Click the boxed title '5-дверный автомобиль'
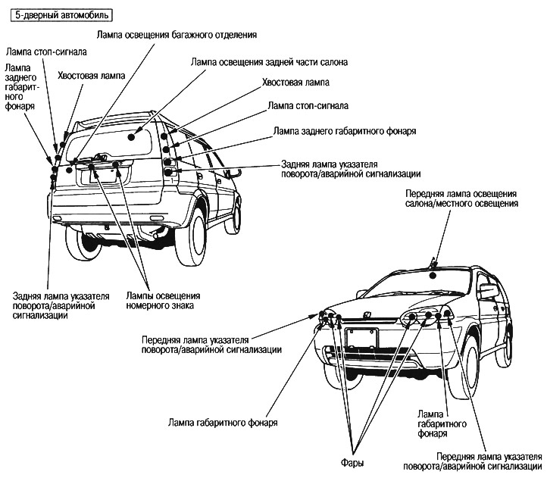click(x=58, y=15)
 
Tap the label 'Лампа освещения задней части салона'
click(x=269, y=62)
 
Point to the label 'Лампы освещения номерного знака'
click(x=162, y=300)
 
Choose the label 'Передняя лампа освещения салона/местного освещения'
click(x=461, y=198)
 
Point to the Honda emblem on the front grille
click(x=367, y=316)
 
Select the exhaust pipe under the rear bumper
click(x=156, y=241)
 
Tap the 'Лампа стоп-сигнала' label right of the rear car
click(x=308, y=105)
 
